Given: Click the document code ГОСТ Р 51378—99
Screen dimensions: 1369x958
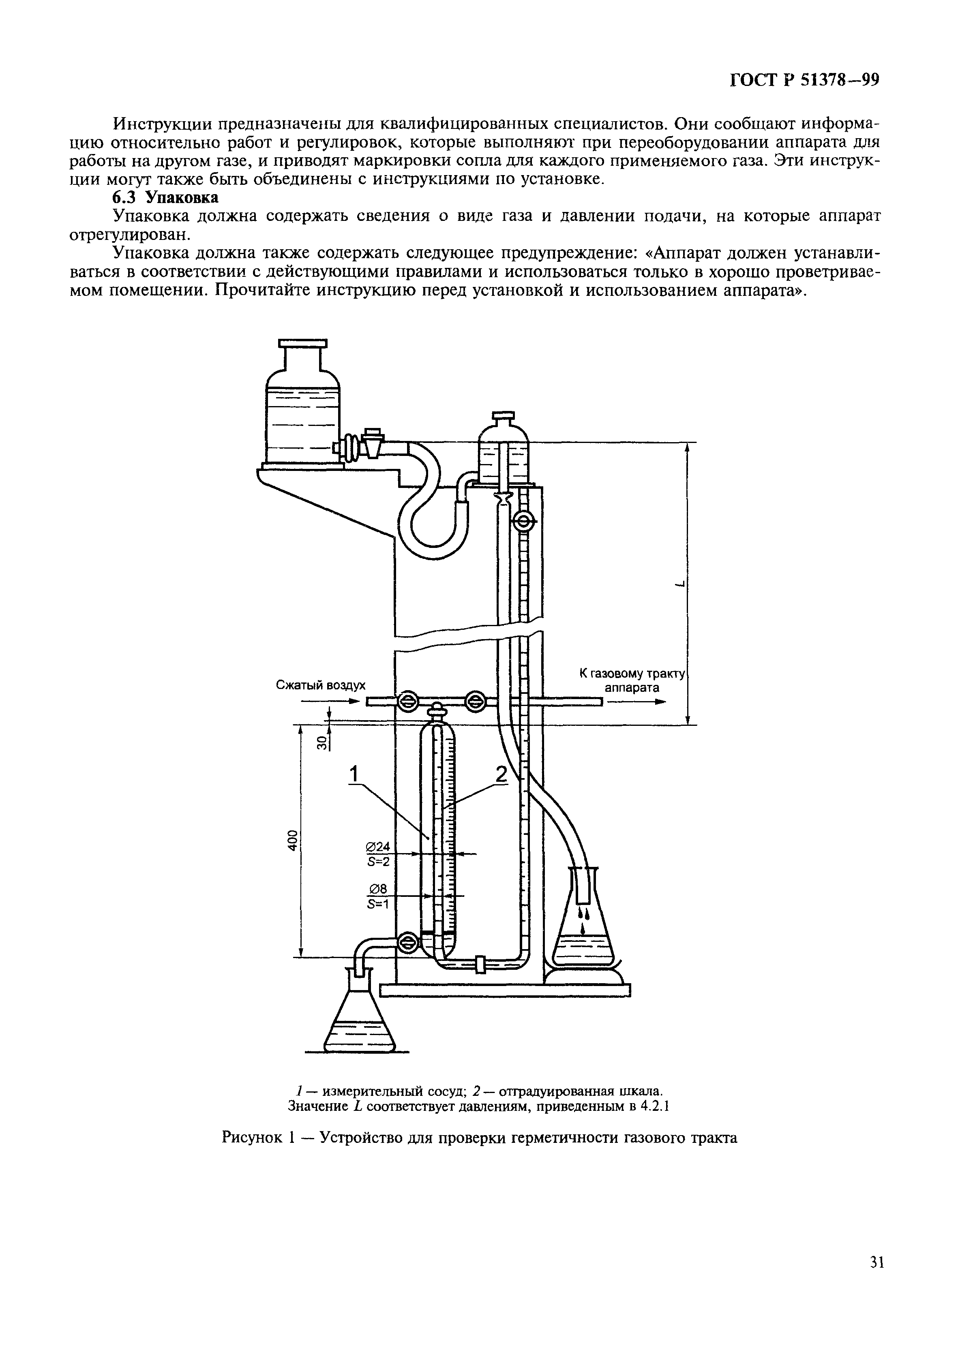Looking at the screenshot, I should pos(805,81).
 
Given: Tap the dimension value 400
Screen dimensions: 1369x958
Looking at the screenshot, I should pos(291,841).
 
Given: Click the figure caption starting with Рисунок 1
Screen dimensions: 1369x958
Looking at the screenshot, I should pos(480,1138).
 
